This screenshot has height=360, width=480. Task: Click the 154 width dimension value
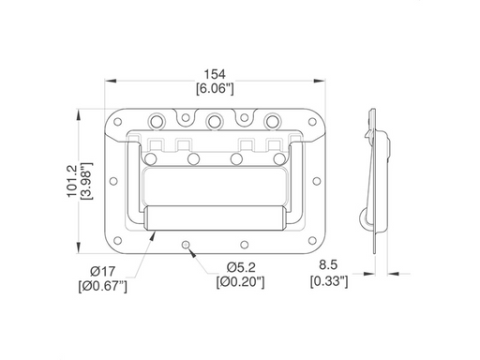pyautogui.click(x=215, y=74)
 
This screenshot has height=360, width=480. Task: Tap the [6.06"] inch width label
pyautogui.click(x=215, y=88)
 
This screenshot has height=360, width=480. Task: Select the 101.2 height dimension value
pyautogui.click(x=71, y=181)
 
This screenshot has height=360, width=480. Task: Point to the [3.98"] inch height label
pyautogui.click(x=86, y=181)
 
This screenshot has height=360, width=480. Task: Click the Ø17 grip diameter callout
pyautogui.click(x=102, y=271)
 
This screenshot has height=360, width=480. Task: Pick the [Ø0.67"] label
pyautogui.click(x=103, y=286)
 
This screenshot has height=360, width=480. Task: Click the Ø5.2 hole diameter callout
pyautogui.click(x=241, y=267)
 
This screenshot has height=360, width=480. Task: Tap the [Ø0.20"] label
pyautogui.click(x=240, y=282)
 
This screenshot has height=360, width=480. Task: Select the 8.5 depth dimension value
pyautogui.click(x=328, y=264)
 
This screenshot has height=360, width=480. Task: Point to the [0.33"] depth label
pyautogui.click(x=329, y=281)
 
